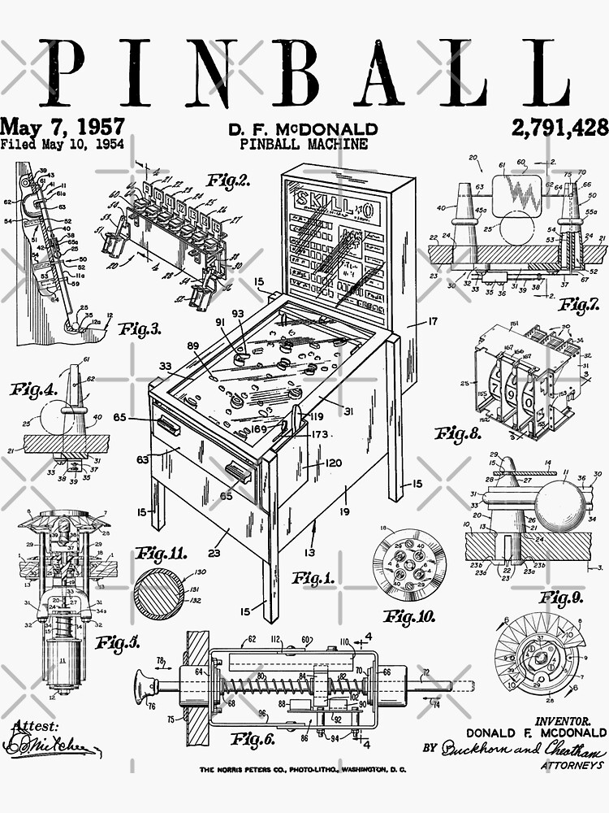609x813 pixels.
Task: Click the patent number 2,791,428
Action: (559, 128)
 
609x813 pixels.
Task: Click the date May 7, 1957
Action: (63, 126)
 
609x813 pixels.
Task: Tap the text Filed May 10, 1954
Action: (63, 145)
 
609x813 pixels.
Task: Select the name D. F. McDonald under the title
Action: (303, 129)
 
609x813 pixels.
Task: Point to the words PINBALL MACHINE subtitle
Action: (304, 144)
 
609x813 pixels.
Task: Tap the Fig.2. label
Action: (228, 180)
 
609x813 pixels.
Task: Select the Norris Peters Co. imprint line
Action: (303, 769)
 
